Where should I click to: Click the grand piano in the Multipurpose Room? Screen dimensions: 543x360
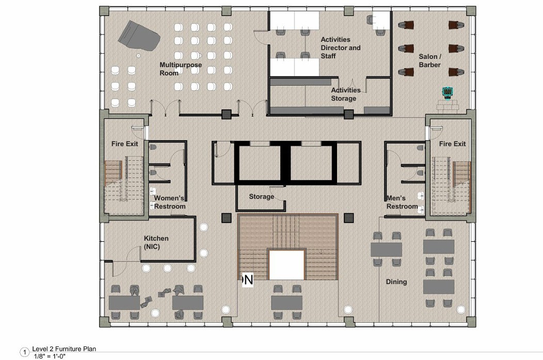pyautogui.click(x=138, y=36)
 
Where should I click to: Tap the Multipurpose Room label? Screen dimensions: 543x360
pyautogui.click(x=181, y=69)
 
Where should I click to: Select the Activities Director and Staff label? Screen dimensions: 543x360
pyautogui.click(x=341, y=48)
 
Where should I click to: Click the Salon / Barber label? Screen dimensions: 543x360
pyautogui.click(x=430, y=60)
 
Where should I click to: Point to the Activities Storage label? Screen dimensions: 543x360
pyautogui.click(x=346, y=94)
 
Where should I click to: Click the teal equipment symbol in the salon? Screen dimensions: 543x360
pyautogui.click(x=448, y=92)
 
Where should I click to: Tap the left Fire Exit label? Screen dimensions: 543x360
pyautogui.click(x=125, y=144)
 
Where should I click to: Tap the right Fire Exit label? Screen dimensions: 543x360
pyautogui.click(x=452, y=144)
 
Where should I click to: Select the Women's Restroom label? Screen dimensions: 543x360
pyautogui.click(x=169, y=202)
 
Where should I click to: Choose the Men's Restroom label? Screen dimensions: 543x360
pyautogui.click(x=402, y=202)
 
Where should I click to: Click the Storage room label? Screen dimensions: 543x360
pyautogui.click(x=262, y=196)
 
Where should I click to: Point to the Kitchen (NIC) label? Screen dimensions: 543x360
pyautogui.click(x=156, y=243)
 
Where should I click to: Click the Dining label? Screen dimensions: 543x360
pyautogui.click(x=396, y=281)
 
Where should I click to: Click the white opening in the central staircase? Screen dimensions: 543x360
pyautogui.click(x=287, y=265)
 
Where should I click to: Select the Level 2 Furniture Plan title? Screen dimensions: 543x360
pyautogui.click(x=64, y=349)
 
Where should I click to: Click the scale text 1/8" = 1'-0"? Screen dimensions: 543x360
pyautogui.click(x=50, y=356)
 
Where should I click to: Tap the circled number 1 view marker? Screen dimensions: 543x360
pyautogui.click(x=25, y=353)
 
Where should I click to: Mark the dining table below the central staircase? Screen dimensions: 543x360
pyautogui.click(x=287, y=303)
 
